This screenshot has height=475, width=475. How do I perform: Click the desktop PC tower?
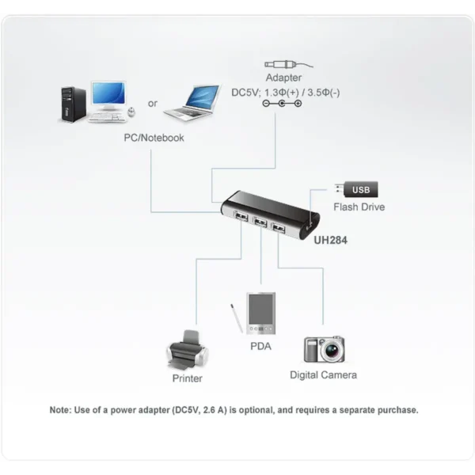click(x=74, y=104)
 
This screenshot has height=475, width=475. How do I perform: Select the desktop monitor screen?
click(x=108, y=93)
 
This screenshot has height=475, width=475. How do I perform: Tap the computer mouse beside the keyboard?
click(x=131, y=112)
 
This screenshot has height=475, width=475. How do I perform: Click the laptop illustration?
click(x=192, y=103)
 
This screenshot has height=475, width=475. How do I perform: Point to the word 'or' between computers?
click(x=153, y=104)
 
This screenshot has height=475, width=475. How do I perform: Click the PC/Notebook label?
click(x=154, y=138)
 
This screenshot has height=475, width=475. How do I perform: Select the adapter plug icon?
click(x=288, y=65)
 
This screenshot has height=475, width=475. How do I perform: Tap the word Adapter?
click(x=283, y=78)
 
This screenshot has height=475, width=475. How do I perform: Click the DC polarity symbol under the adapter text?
click(x=282, y=104)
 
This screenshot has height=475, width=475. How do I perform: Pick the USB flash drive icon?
click(x=356, y=189)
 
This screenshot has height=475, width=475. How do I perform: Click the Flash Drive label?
click(x=359, y=207)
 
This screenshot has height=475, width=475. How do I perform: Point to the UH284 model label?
click(x=330, y=240)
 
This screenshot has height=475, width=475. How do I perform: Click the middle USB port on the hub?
click(x=260, y=222)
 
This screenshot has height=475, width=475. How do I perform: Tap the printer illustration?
click(x=188, y=350)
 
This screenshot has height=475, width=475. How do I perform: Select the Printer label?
click(x=187, y=378)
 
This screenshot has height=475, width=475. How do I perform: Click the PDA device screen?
click(x=260, y=310)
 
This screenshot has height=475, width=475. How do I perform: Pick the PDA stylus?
click(x=237, y=318)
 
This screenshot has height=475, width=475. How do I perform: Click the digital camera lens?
click(x=332, y=351)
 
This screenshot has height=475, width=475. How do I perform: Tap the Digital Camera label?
click(x=323, y=375)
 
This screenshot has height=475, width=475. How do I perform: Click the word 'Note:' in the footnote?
click(x=61, y=410)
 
